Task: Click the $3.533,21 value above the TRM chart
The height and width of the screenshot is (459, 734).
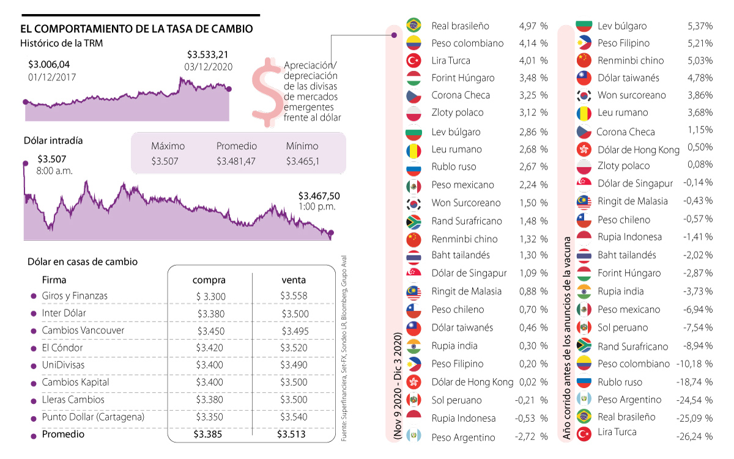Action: click(x=208, y=55)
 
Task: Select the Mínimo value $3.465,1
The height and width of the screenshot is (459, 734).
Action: click(x=302, y=161)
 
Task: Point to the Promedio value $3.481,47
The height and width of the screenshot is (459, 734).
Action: click(x=236, y=161)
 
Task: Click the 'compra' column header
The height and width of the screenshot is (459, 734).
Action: click(x=209, y=280)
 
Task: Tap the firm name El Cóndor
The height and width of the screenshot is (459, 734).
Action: click(x=62, y=348)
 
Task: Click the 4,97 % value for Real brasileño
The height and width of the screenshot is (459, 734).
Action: click(x=533, y=26)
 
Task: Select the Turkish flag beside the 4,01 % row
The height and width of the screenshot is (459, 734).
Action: click(x=414, y=61)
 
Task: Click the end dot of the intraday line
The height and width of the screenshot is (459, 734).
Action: click(x=331, y=233)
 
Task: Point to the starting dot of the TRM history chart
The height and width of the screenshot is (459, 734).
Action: click(x=25, y=102)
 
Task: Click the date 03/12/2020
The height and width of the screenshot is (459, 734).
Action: click(x=208, y=67)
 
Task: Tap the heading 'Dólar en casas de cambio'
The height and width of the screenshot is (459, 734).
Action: click(x=83, y=262)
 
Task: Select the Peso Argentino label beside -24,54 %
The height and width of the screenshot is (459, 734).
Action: click(x=629, y=400)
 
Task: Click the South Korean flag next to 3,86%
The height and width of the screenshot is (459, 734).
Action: click(x=584, y=95)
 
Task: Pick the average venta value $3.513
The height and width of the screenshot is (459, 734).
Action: click(x=291, y=435)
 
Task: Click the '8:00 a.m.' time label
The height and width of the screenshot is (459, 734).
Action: click(x=55, y=171)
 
